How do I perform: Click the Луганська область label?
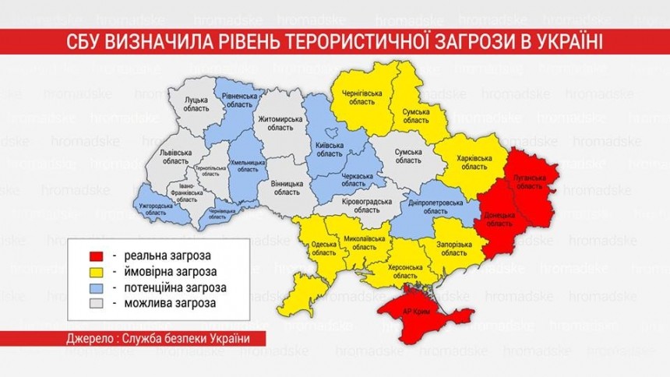click(529, 182)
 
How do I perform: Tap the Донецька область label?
click(499, 217)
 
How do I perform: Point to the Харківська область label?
click(473, 163)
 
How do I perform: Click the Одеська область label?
click(323, 247)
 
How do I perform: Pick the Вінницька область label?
click(287, 188)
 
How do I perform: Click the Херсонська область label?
click(404, 270)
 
